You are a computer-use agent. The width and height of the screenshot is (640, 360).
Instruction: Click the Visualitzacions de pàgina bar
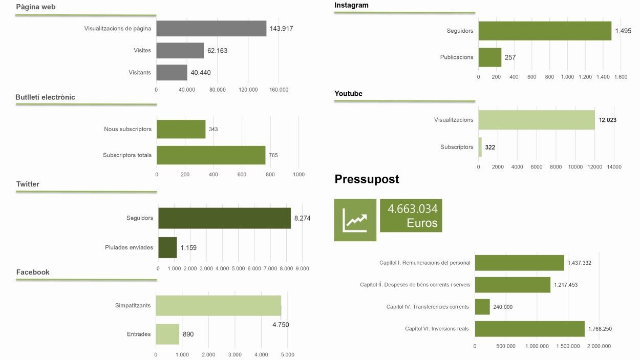[211, 29]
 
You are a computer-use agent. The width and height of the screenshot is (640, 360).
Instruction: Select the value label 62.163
[217, 51]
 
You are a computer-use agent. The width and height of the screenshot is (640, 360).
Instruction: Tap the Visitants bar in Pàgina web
[172, 73]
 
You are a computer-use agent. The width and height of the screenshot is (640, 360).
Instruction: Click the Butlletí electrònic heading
[45, 97]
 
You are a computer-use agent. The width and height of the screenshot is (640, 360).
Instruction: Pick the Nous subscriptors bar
[181, 129]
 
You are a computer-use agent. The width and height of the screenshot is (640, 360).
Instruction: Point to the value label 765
[273, 155]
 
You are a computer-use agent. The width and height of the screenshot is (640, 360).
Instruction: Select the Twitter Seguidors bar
[224, 218]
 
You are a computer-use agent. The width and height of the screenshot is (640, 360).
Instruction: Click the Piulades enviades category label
[129, 247]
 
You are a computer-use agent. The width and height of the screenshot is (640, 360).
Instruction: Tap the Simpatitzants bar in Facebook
[218, 306]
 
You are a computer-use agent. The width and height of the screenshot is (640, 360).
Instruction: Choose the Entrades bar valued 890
[167, 334]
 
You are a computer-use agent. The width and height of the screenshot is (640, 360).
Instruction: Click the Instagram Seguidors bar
[545, 31]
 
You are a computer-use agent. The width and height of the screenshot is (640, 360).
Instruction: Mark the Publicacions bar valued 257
[490, 57]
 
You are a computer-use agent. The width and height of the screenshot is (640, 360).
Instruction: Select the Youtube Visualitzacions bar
[537, 120]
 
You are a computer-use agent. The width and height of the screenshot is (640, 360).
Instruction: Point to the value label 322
[490, 147]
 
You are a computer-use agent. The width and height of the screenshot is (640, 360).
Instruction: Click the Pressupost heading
[367, 179]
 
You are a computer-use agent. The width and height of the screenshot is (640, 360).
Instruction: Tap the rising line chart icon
[355, 220]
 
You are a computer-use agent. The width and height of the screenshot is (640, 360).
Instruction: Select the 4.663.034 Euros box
[411, 216]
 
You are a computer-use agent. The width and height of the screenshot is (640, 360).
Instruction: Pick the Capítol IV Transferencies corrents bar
[482, 307]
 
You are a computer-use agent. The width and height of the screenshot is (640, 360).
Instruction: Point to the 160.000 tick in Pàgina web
[279, 90]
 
